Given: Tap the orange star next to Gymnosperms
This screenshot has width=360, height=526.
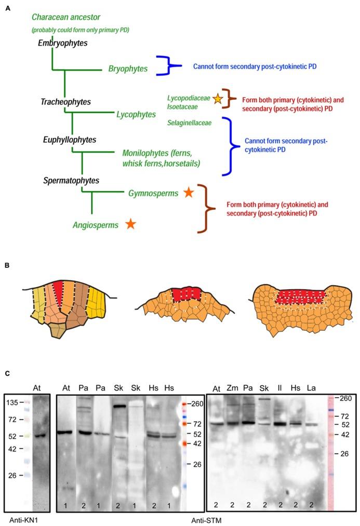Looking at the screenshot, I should pyautogui.click(x=188, y=193).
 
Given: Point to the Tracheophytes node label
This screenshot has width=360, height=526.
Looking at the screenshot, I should pyautogui.click(x=65, y=102).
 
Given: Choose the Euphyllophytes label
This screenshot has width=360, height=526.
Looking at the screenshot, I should pyautogui.click(x=70, y=140).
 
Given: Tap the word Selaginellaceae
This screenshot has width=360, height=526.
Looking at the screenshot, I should pyautogui.click(x=189, y=123).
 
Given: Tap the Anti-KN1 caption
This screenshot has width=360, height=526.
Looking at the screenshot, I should pyautogui.click(x=22, y=520).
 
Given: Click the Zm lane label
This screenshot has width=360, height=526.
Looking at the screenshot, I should pyautogui.click(x=233, y=387).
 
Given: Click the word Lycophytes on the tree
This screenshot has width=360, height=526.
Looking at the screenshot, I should pyautogui.click(x=136, y=114).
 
